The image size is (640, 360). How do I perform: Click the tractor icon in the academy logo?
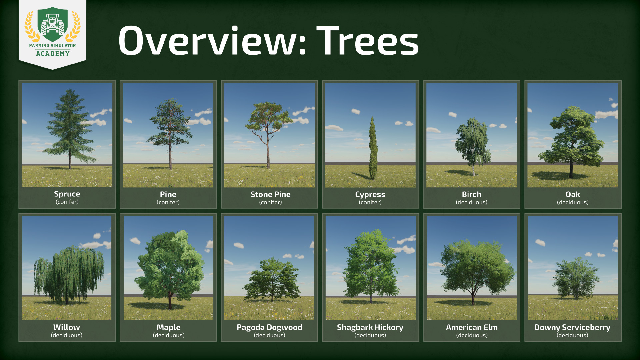pos(53,24)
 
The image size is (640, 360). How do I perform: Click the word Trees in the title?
pos(368,40)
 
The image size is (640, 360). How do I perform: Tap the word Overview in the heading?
pos(212,40)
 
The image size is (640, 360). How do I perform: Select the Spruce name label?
pos(67,194)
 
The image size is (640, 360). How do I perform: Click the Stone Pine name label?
pos(270,194)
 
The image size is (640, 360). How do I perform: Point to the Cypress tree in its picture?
pos(373,148)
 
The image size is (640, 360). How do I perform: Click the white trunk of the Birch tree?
pos(473,168)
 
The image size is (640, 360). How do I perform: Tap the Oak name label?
pos(573,194)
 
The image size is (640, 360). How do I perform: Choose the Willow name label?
pos(67,327)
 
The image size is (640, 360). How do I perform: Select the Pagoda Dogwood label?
pos(269,327)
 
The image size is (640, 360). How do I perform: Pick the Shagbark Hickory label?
pos(370,327)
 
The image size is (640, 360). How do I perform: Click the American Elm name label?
pos(472,327)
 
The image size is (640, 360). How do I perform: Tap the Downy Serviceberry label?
pos(572,327)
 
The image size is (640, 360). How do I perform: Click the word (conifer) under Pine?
pos(168,202)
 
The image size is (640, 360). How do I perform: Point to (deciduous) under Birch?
pos(471,202)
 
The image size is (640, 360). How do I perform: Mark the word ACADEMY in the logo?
pos(53,54)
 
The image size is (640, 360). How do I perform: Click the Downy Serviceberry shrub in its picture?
pos(576,278)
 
